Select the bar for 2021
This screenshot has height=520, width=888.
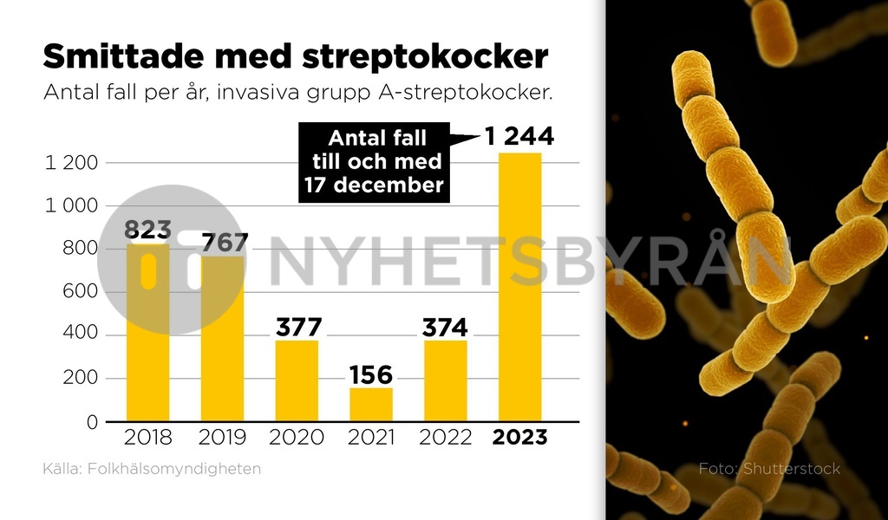(x=371, y=405)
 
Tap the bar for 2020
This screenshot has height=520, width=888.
(x=297, y=381)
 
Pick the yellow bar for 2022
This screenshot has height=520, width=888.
(x=446, y=381)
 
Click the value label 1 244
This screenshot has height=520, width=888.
(x=519, y=137)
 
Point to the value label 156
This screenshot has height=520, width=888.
(x=371, y=375)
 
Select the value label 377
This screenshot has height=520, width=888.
(x=298, y=328)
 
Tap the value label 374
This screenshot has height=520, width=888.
(x=445, y=328)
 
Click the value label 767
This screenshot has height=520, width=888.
(x=224, y=243)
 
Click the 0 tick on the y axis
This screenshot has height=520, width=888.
(x=90, y=422)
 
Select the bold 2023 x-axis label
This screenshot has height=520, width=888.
(x=519, y=438)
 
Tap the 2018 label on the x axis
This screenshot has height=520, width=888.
(x=148, y=438)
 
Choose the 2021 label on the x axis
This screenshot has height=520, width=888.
(x=371, y=438)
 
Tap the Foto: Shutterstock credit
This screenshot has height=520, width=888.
(x=769, y=469)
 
